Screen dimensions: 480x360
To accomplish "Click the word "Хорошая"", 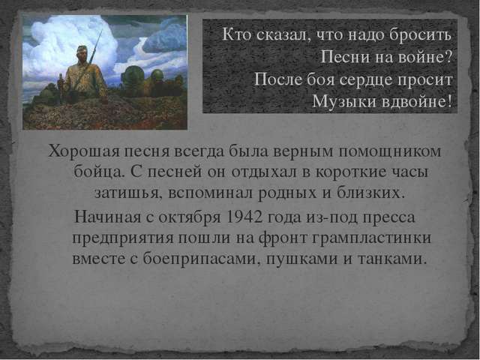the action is (x=83, y=151).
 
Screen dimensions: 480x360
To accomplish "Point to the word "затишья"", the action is (x=128, y=193).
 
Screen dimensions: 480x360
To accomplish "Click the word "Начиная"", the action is (x=107, y=217).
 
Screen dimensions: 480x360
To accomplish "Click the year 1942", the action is (x=244, y=217).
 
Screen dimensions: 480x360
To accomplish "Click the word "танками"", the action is (x=391, y=259).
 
